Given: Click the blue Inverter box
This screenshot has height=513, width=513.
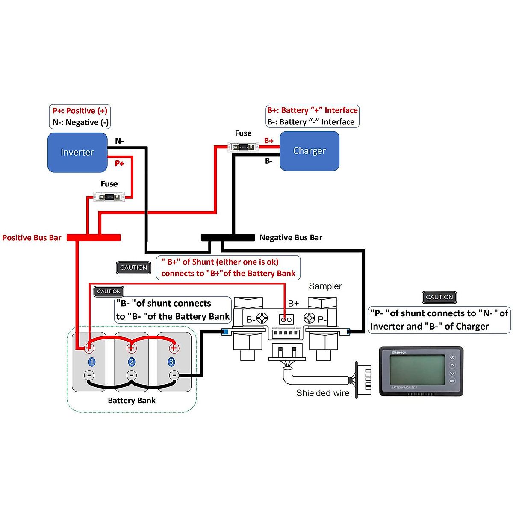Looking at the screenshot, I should tap(77, 152).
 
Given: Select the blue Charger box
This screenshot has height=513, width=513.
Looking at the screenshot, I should tap(310, 151).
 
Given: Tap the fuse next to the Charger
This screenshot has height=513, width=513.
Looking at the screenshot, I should tap(243, 147).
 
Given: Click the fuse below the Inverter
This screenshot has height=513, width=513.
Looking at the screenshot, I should tap(109, 197).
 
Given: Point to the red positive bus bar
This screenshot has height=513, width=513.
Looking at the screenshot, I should tap(94, 237).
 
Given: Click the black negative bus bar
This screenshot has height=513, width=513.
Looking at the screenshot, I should tap(227, 237).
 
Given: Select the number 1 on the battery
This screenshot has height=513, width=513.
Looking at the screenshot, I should tap(91, 362).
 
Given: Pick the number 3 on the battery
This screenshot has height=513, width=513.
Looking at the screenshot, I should tap(171, 362).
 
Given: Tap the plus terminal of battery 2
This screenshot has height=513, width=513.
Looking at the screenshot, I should tap(131, 348).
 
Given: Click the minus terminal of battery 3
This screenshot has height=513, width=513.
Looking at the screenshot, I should tap(174, 376).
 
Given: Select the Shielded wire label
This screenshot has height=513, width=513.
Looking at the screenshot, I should tap(323, 393).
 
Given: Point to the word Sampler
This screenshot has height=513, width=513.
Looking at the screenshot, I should tap(325, 286).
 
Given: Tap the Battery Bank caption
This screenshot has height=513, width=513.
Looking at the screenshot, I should tap(132, 401).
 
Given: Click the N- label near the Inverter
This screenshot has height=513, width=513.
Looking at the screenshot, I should tap(119, 141).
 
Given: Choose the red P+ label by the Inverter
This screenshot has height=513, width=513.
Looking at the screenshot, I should tap(119, 163).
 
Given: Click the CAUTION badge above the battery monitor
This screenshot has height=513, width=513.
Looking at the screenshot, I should tap(439, 297).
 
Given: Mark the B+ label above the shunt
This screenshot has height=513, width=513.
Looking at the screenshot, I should tap(293, 304).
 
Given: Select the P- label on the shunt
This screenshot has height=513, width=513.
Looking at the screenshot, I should tap(322, 319).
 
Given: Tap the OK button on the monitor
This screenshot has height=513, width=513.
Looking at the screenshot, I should tap(452, 381).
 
